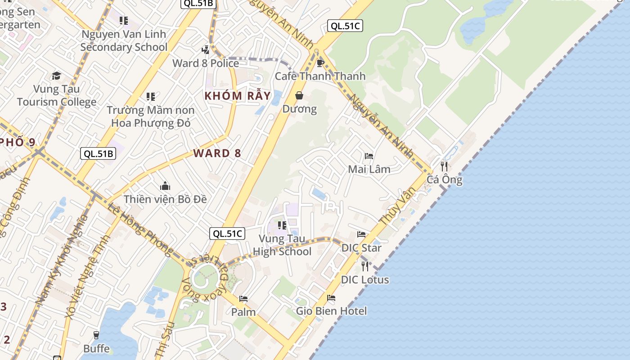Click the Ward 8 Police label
click(x=206, y=63)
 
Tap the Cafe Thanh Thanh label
click(x=320, y=76)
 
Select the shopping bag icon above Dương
click(x=299, y=95)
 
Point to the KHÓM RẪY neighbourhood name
click(x=238, y=96)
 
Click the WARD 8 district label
click(x=217, y=153)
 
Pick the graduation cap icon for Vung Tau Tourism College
click(x=56, y=76)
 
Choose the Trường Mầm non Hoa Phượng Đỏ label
click(x=151, y=116)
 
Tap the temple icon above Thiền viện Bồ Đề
click(x=165, y=186)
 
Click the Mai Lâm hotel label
click(x=369, y=169)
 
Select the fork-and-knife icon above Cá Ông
click(x=444, y=166)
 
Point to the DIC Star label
click(x=361, y=247)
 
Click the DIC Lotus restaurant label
click(x=364, y=279)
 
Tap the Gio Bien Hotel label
click(x=331, y=311)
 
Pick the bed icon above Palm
click(x=243, y=299)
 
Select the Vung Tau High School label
click(x=282, y=245)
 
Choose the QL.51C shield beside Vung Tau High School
click(x=227, y=234)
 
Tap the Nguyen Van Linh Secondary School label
click(x=124, y=40)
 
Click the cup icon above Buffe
click(x=96, y=335)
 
